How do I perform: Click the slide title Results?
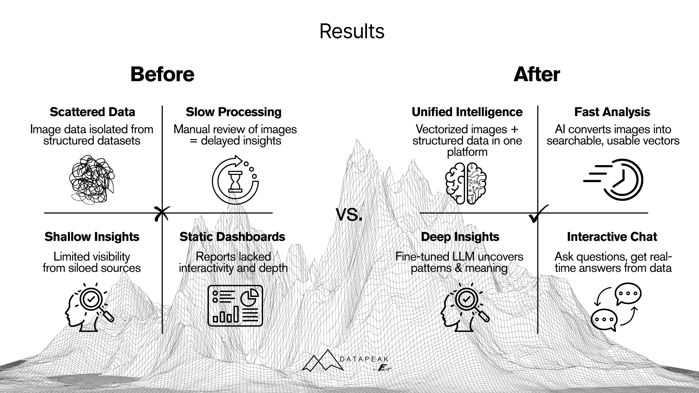(352, 31)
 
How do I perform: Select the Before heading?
(162, 74)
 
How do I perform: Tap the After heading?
(537, 74)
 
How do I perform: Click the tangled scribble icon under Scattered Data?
(92, 179)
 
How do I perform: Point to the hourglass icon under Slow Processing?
(235, 180)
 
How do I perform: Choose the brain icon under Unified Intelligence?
(466, 183)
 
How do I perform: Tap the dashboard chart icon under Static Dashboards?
(235, 306)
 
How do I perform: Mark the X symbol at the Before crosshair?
(162, 214)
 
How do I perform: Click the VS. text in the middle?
(349, 214)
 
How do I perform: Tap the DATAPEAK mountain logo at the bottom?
(323, 361)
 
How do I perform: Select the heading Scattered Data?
(92, 112)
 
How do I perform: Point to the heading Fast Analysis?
(612, 112)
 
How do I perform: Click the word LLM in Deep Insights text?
(463, 257)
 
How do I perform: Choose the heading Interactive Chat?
(612, 237)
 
